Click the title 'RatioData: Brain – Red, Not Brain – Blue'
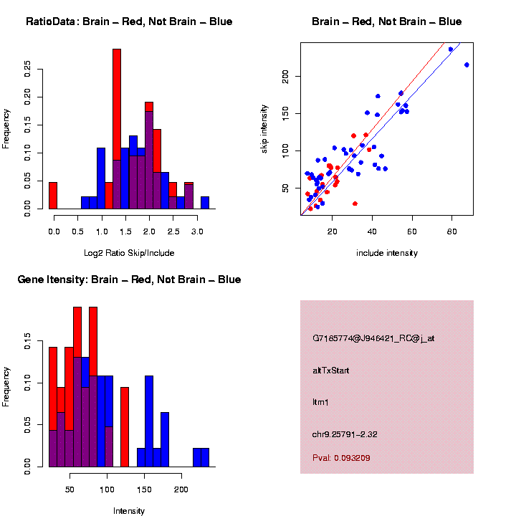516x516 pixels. (129, 21)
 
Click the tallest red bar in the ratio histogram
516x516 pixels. (117, 129)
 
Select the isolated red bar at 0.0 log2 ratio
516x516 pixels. (53, 196)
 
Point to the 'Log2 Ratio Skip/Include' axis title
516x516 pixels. (129, 252)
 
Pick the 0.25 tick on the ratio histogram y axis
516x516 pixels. (28, 69)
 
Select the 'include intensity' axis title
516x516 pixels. (387, 253)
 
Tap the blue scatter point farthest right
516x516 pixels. (467, 64)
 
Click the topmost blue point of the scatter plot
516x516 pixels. (451, 49)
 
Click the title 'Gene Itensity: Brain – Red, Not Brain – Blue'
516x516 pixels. (129, 279)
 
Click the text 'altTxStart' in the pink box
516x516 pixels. (331, 371)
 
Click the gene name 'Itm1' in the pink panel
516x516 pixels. (319, 403)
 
